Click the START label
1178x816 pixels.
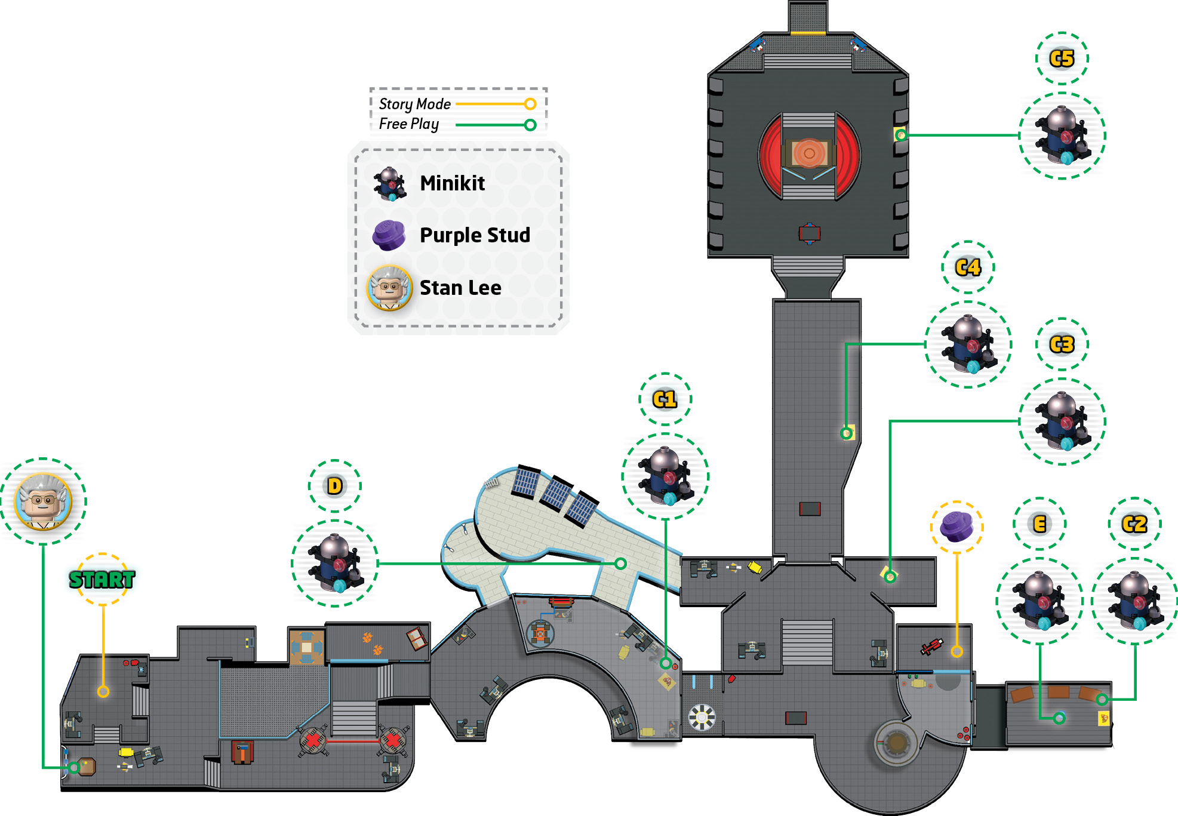point(102,579)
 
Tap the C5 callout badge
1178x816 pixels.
point(1062,58)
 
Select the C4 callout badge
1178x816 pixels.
point(968,267)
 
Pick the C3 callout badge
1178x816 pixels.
point(1062,344)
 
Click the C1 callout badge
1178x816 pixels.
point(665,399)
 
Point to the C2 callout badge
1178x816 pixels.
point(1134,524)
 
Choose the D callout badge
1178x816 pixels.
point(335,486)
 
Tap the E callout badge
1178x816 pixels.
point(1039,524)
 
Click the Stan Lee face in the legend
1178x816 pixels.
point(389,288)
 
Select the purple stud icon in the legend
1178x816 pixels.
point(389,235)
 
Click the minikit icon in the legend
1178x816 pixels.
point(389,183)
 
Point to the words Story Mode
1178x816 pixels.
point(415,104)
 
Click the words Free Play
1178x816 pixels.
point(409,124)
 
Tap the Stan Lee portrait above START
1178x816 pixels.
point(43,501)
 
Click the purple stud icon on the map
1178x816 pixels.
point(956,526)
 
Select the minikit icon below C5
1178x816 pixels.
point(1062,136)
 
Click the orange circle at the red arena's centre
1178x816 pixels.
point(809,153)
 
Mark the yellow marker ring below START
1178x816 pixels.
point(103,691)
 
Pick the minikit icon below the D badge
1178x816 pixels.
point(335,563)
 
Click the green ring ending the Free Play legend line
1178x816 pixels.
point(530,125)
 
